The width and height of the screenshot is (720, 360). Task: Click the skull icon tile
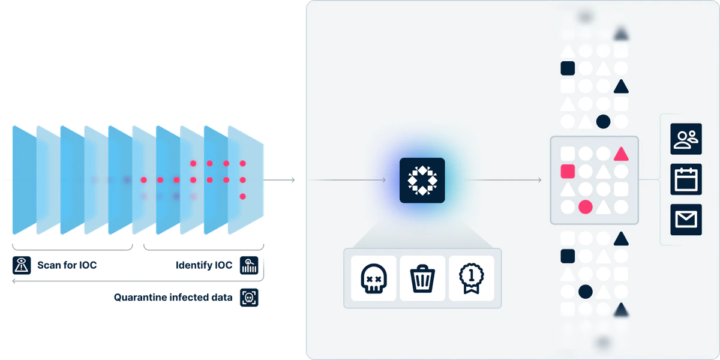pos(373,278)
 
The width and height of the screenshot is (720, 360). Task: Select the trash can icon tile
pos(422,278)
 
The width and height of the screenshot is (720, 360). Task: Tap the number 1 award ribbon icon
pos(471,278)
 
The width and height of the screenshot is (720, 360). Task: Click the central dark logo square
pos(422,181)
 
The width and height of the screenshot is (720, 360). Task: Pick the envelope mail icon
pos(686,220)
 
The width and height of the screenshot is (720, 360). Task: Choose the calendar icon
pos(686,179)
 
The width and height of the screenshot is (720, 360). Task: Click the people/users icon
pos(686,139)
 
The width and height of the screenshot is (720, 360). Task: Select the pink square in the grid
pos(568,172)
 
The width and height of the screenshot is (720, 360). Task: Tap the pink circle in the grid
pos(586,207)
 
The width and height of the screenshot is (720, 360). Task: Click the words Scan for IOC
pos(67,265)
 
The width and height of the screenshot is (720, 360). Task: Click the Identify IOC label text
pos(204,265)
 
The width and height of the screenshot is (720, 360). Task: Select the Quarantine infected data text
pos(173,298)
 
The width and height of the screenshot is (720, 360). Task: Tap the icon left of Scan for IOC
pos(22,265)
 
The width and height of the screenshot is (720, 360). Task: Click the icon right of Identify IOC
pos(249,265)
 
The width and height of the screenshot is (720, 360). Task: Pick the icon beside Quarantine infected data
pos(249,298)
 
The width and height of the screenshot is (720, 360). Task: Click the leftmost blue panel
pos(25,180)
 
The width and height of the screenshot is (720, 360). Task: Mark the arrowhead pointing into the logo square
pos(384,180)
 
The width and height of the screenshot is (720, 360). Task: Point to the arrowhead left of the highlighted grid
pos(539,180)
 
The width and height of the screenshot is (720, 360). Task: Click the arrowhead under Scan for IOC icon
pos(14,281)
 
